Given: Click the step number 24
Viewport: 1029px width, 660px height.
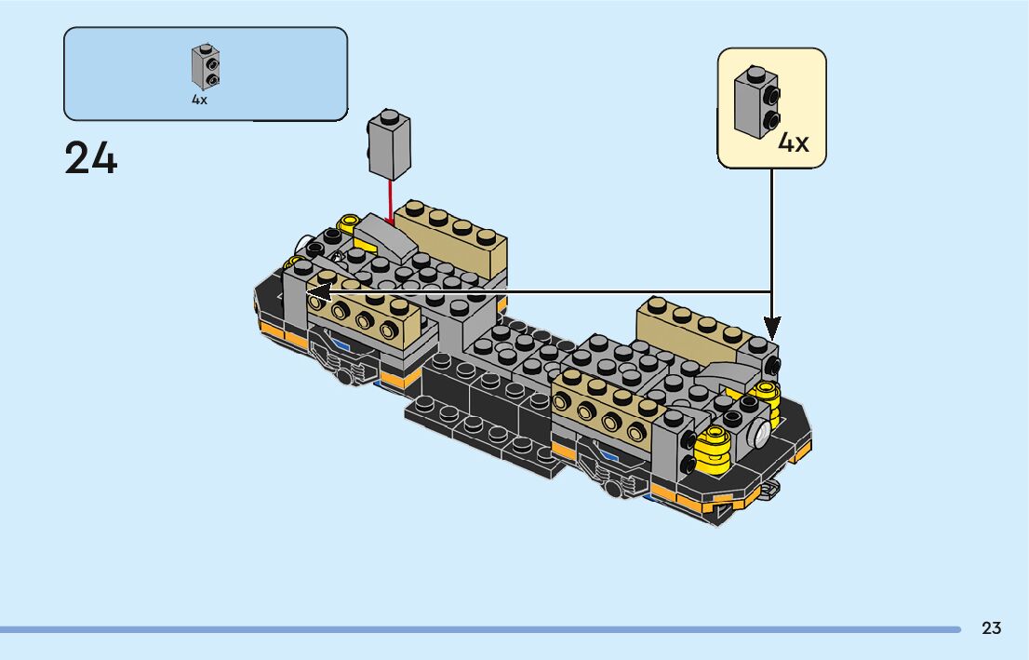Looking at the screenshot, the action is coord(91,158).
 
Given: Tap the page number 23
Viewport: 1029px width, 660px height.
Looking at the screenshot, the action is coord(991,628).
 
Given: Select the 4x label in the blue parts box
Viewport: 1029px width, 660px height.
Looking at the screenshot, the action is coord(199,100).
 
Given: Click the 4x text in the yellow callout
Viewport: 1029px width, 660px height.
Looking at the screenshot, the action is coord(794,142).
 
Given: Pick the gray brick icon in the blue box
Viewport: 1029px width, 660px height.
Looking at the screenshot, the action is coord(206,67).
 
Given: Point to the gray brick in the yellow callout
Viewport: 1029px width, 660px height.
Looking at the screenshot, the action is coord(755,101).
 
